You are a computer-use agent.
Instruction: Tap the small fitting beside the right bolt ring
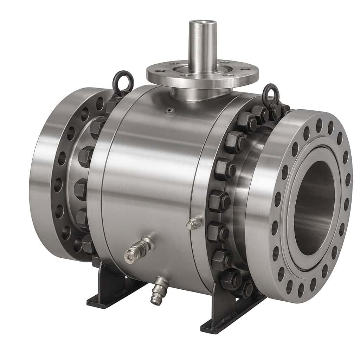[194, 224]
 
